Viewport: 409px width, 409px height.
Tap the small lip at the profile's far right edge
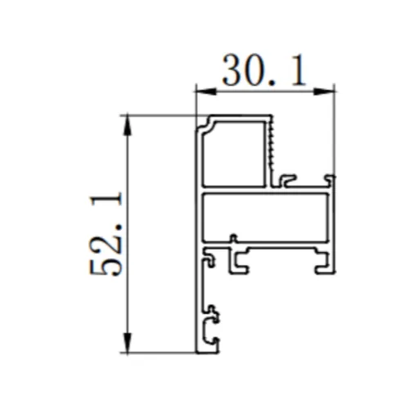330,178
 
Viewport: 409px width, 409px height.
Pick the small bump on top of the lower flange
233,239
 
